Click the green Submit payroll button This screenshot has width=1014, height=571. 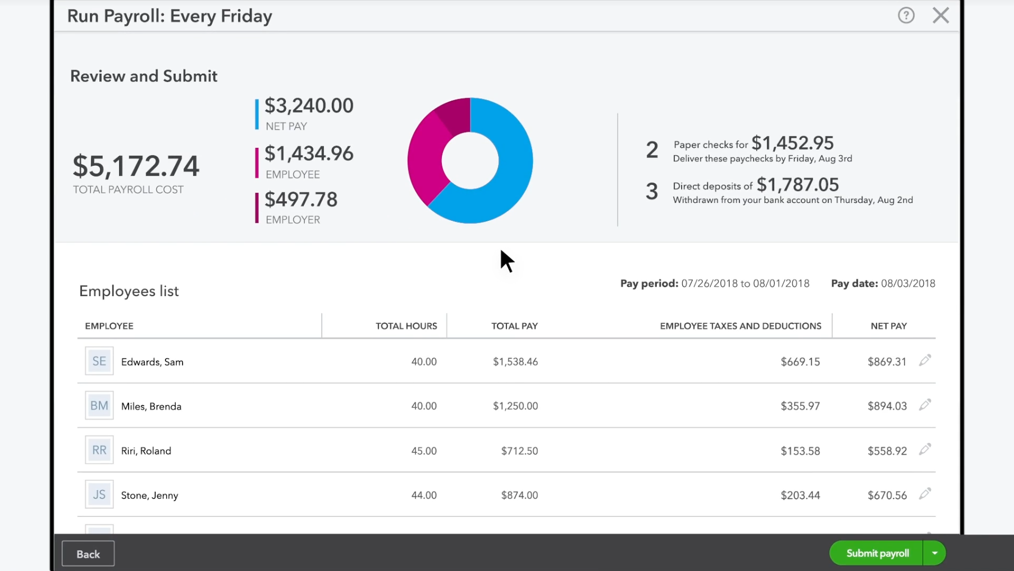876,554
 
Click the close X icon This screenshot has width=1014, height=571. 940,16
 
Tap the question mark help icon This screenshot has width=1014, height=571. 906,16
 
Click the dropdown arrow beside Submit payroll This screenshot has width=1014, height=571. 934,554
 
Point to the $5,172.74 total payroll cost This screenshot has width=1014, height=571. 136,166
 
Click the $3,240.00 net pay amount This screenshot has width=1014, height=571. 309,106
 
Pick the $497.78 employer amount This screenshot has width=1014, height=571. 301,200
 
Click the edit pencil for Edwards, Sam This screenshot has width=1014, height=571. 925,360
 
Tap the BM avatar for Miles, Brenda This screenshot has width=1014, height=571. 99,406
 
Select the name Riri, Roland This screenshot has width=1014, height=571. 146,451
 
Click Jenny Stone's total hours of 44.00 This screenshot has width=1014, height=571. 423,495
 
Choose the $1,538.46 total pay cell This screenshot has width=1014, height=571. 515,362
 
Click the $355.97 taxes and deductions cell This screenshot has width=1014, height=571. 800,406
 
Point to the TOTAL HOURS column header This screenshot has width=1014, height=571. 406,326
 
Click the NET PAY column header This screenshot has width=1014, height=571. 888,326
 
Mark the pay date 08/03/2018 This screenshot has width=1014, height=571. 908,284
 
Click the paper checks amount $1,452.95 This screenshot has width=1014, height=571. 792,143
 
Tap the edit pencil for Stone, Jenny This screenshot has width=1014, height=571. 925,494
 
